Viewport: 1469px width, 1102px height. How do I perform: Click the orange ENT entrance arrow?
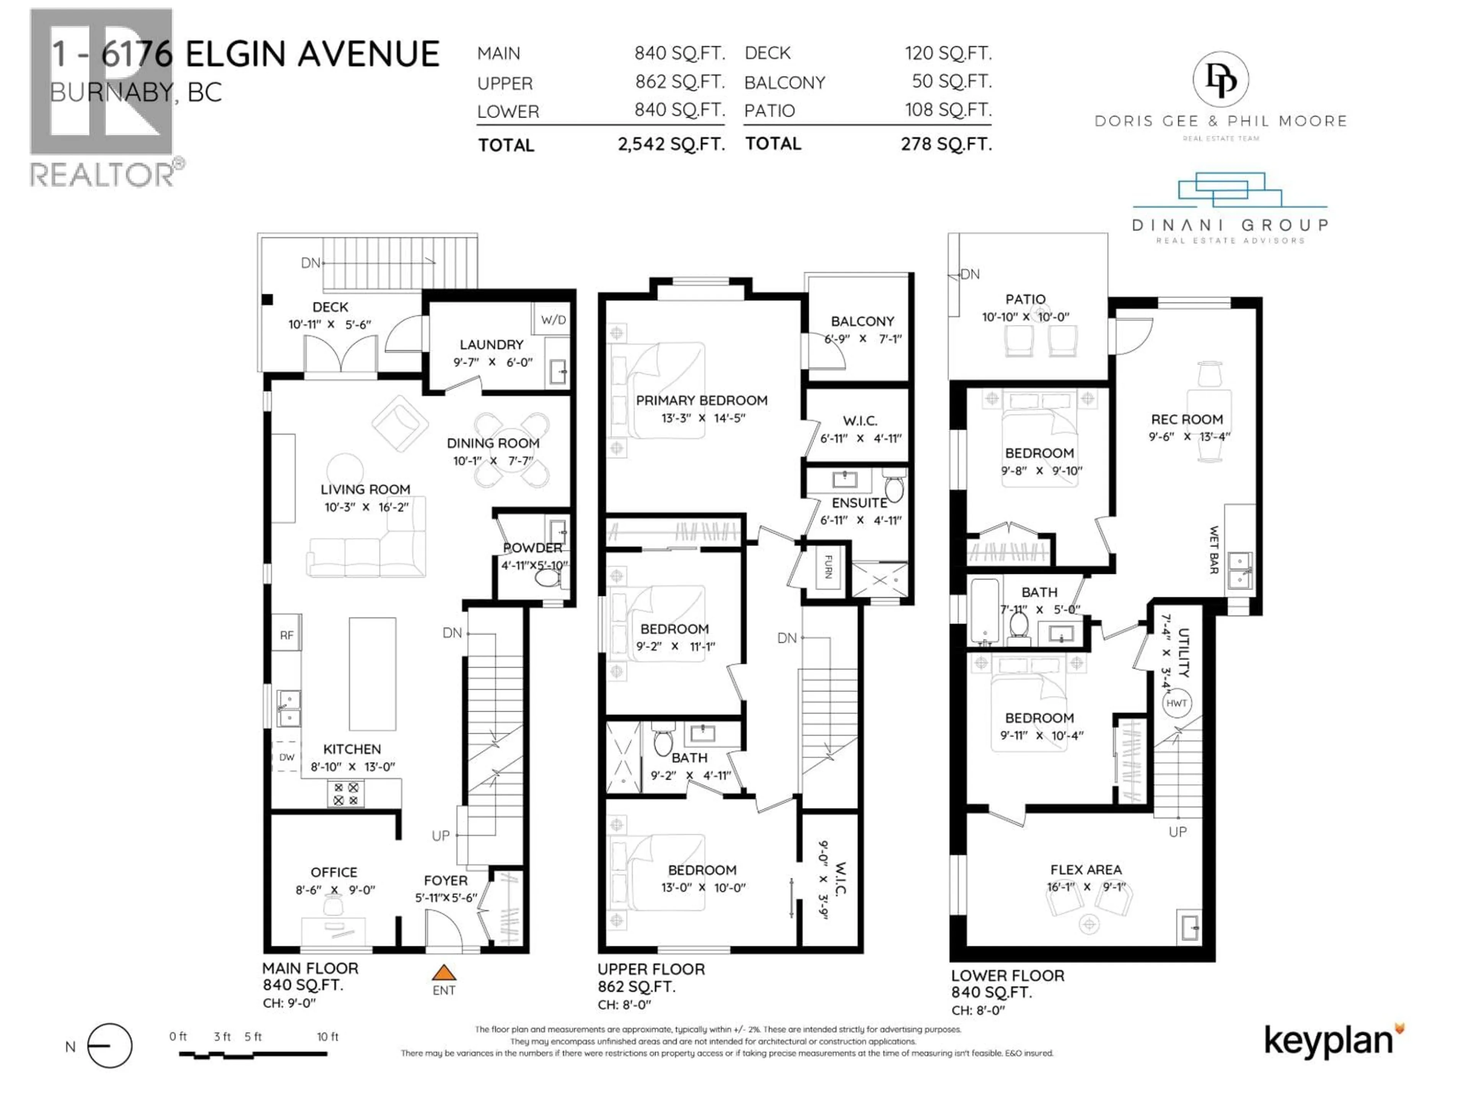[x=444, y=973]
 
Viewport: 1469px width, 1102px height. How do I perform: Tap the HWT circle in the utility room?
[x=1176, y=703]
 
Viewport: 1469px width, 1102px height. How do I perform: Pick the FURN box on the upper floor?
[x=828, y=567]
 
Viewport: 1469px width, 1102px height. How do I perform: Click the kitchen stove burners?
[x=345, y=794]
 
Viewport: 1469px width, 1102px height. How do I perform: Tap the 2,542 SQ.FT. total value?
[x=671, y=144]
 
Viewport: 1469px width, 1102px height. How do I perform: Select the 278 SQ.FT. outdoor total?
[x=946, y=144]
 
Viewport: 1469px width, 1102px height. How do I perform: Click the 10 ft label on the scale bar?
[x=327, y=1037]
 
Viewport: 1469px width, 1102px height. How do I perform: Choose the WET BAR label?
[x=1214, y=550]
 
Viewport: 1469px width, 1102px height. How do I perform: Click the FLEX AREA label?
[x=1086, y=869]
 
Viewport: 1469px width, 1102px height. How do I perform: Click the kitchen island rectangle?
[x=373, y=673]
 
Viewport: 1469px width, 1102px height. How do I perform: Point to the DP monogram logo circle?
[x=1220, y=80]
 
